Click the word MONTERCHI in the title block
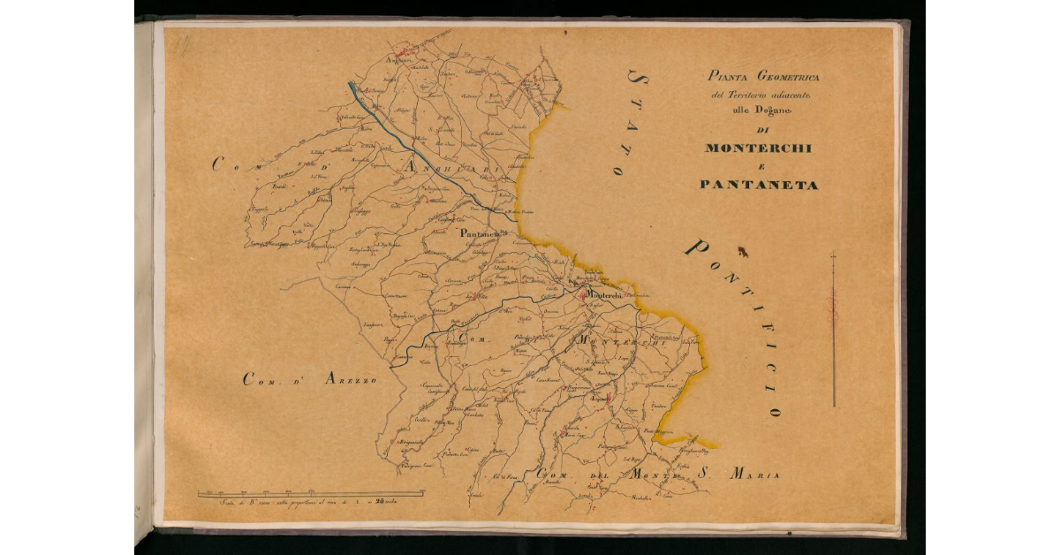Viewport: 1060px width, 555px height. [x=758, y=148]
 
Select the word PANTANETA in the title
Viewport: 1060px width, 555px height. [x=758, y=186]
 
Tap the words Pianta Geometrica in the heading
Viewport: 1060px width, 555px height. [x=757, y=77]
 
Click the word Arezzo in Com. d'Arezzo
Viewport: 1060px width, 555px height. [x=350, y=379]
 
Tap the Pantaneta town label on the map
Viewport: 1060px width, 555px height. [x=481, y=233]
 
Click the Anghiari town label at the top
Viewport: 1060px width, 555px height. [x=400, y=61]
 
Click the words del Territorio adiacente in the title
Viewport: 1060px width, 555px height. [x=757, y=94]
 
